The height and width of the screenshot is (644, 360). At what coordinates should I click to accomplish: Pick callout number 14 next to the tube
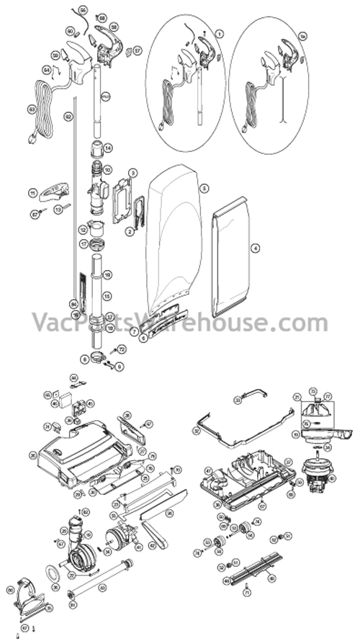[107, 148]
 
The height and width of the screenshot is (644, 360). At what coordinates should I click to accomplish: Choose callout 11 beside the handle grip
[32, 192]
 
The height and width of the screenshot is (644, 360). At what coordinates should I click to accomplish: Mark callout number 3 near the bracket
[132, 174]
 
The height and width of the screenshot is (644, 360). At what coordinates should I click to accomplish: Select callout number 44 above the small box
[73, 377]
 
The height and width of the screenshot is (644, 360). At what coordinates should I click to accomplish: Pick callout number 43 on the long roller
[102, 589]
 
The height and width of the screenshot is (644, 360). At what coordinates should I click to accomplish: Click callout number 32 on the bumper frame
[196, 430]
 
